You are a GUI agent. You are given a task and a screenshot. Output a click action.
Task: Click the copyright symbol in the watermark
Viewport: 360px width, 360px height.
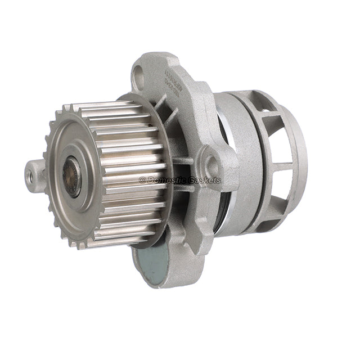(x=142, y=181)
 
